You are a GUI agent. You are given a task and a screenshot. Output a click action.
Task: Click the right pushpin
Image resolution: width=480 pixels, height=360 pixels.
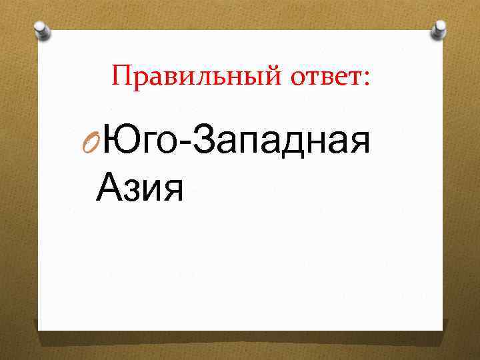438,29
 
